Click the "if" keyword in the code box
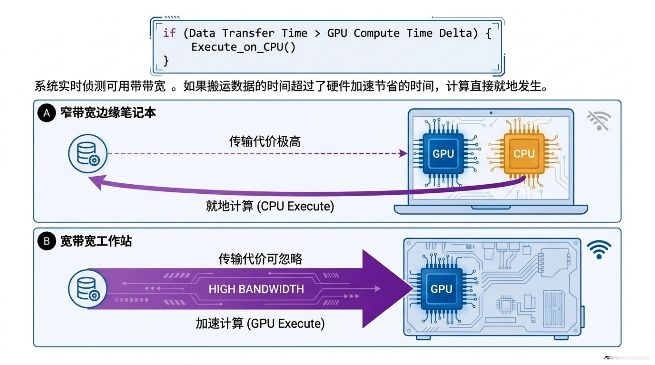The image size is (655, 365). pos(169,33)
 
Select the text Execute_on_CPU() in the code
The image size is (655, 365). pos(243,47)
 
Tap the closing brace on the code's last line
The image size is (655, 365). pos(166,61)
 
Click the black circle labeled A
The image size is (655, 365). pos(47,113)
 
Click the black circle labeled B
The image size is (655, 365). pos(47,241)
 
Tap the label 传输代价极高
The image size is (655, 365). pos(265,141)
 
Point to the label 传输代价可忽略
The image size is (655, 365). pos(260,259)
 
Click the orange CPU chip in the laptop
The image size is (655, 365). pos(524,154)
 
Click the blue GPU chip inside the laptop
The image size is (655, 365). pos(443,154)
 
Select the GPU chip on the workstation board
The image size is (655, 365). pos(441,289)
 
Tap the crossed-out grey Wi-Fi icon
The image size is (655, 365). pos(599,121)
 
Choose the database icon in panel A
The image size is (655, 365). pos(88,154)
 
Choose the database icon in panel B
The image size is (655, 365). pos(88,289)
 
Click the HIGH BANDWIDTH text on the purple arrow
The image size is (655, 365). pos(256,289)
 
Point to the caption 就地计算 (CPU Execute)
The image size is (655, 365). pos(270,206)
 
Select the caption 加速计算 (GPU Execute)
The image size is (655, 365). pos(260,323)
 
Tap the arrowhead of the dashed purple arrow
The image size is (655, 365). pos(403,153)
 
